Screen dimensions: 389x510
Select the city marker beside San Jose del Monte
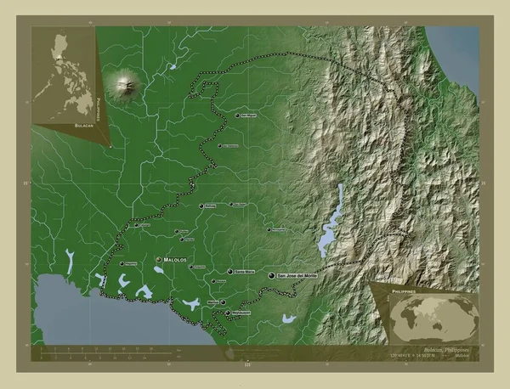[271, 277]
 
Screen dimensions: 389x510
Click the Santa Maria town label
[244, 272]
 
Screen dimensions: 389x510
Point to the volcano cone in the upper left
[127, 83]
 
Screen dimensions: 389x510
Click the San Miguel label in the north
[248, 115]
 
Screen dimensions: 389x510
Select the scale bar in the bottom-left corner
[110, 349]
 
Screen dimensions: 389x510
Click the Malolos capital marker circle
[158, 259]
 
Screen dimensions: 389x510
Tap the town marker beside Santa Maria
[230, 272]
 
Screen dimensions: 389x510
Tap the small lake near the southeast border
[290, 319]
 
